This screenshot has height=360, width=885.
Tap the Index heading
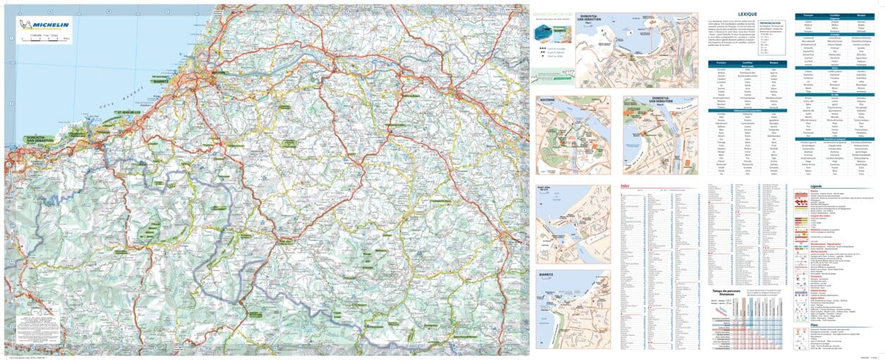point(625,185)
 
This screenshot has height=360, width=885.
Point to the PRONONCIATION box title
point(773,23)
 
